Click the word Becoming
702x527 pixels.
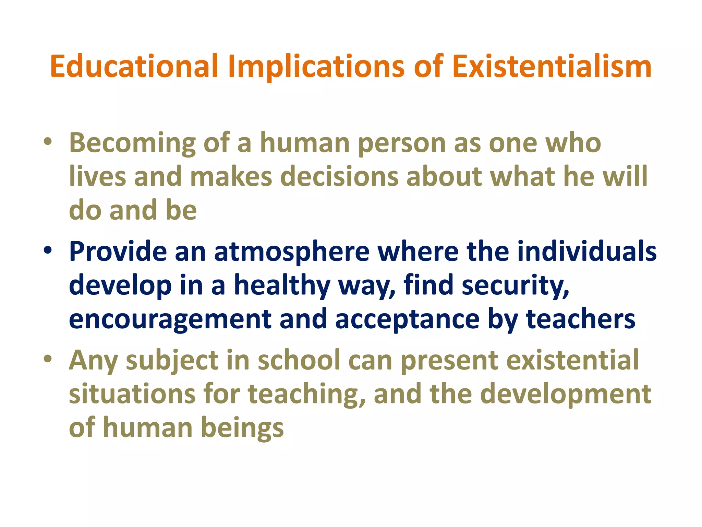(132, 143)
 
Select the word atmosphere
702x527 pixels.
(292, 251)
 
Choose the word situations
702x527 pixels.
(132, 394)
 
